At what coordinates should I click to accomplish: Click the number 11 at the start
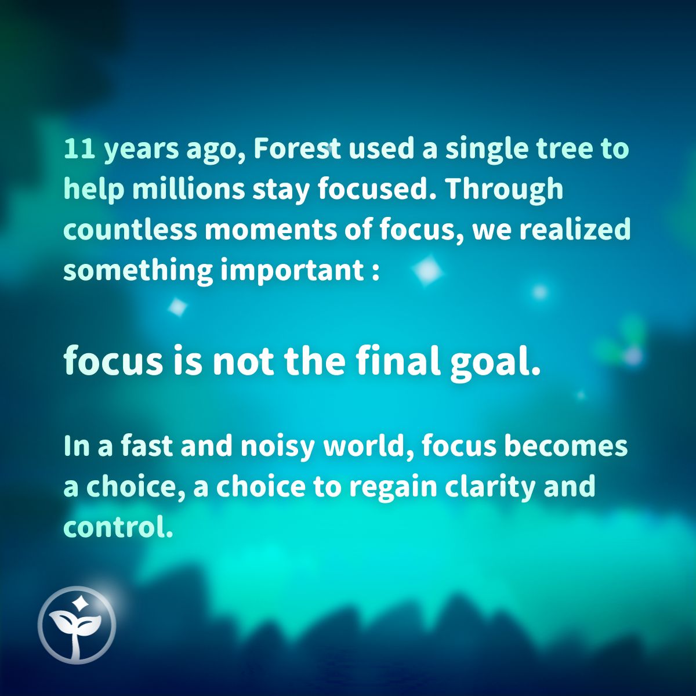pyautogui.click(x=79, y=149)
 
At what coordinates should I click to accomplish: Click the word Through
pyautogui.click(x=505, y=191)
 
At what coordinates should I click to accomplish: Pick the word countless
pyautogui.click(x=130, y=230)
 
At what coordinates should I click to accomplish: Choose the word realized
pyautogui.click(x=574, y=230)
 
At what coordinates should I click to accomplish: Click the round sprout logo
pyautogui.click(x=77, y=625)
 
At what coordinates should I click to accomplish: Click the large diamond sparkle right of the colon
pyautogui.click(x=428, y=270)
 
